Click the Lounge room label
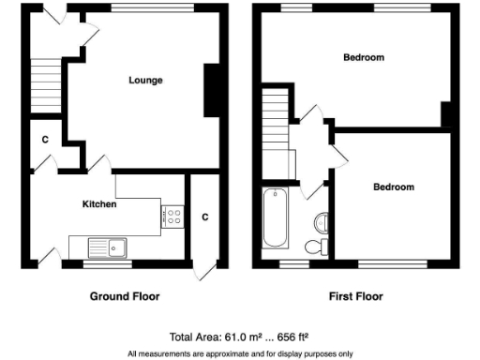tap(145, 81)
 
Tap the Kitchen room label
tap(99, 203)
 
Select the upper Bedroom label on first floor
tap(363, 58)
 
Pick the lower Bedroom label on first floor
tap(394, 187)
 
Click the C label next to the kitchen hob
tap(204, 217)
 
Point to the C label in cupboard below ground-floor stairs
tap(44, 140)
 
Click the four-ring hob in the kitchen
tap(172, 217)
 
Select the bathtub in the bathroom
tap(276, 218)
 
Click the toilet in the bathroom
tap(316, 247)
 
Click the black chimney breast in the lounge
tap(214, 90)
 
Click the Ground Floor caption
tap(125, 296)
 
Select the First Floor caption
tap(355, 296)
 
